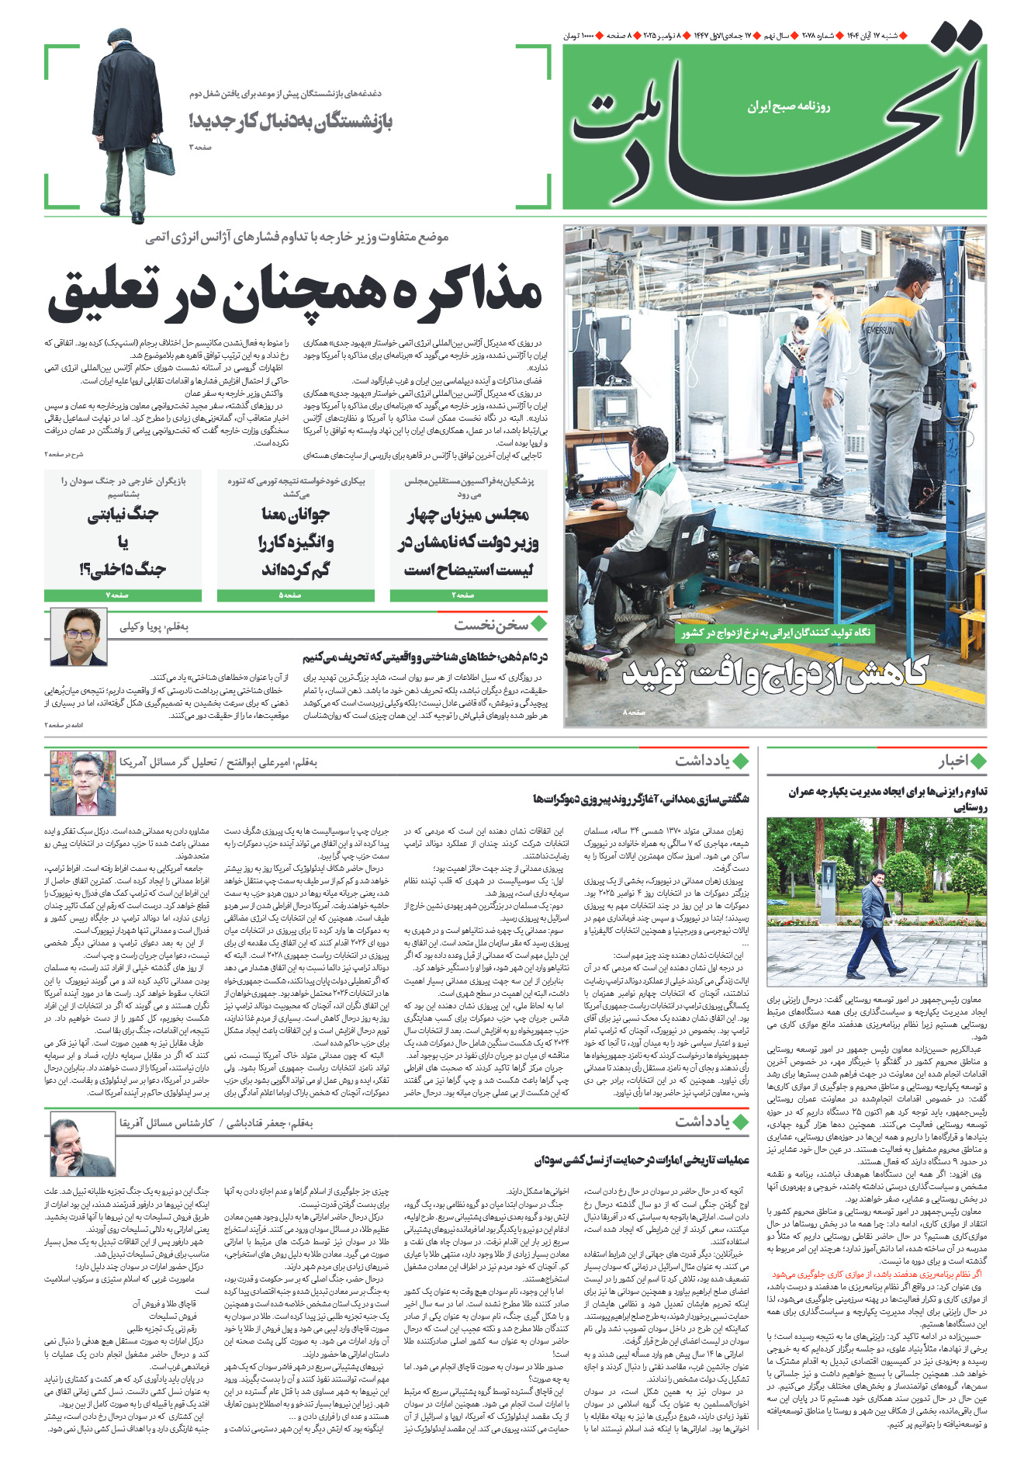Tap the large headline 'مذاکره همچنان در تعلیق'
tap(295, 294)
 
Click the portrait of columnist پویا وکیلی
tap(78, 637)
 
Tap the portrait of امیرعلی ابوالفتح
tap(82, 782)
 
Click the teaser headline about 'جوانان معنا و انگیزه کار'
tap(296, 541)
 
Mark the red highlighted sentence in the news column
tap(877, 1275)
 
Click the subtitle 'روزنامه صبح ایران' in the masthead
tap(788, 106)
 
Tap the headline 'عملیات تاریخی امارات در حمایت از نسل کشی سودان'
tap(642, 1160)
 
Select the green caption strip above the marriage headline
tap(776, 633)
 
